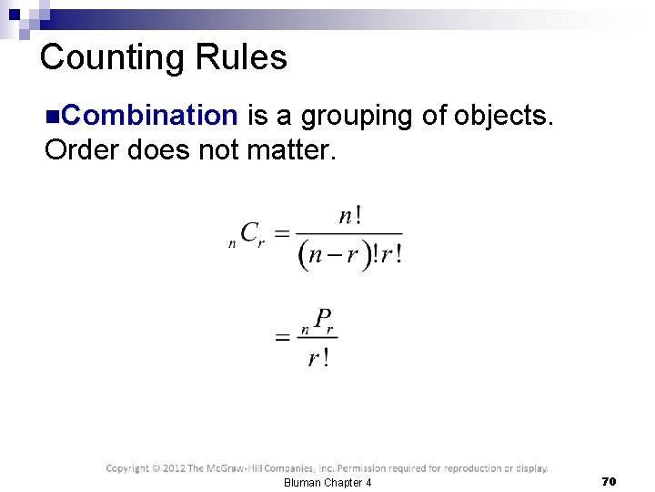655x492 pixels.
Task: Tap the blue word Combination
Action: (x=151, y=116)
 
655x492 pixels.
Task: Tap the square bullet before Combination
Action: (x=52, y=117)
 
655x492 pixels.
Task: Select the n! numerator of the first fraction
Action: (x=350, y=216)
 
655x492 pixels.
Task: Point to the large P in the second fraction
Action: (x=322, y=319)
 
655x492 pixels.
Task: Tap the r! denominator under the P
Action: (x=317, y=358)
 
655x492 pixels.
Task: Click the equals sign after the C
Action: (x=282, y=235)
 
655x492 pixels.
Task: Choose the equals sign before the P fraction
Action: (x=283, y=338)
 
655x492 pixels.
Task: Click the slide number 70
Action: (x=609, y=480)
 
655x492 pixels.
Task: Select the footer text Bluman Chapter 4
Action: (x=327, y=482)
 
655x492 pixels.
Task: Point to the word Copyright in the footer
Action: (x=128, y=468)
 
